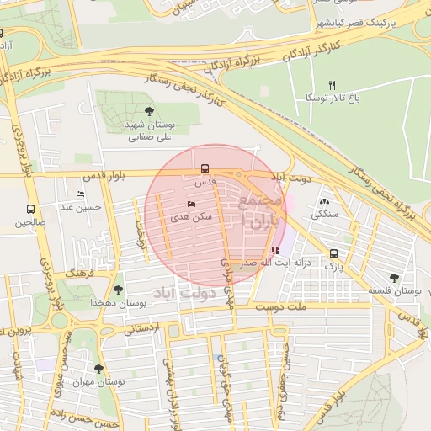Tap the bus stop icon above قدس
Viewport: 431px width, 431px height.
coord(205,168)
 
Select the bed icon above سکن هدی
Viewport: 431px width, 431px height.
coord(191,204)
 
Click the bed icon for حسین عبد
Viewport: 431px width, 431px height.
coord(80,194)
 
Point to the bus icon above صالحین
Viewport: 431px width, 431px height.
coord(30,209)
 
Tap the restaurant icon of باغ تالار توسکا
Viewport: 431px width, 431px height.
coord(332,86)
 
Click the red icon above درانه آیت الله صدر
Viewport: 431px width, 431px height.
coord(275,250)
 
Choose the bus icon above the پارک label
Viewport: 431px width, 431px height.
coord(334,253)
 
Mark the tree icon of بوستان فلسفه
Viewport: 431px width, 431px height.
coord(394,278)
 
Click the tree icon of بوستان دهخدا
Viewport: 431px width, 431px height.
coord(117,290)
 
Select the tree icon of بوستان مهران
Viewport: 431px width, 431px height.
coord(99,369)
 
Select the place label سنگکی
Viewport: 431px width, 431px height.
coord(325,214)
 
